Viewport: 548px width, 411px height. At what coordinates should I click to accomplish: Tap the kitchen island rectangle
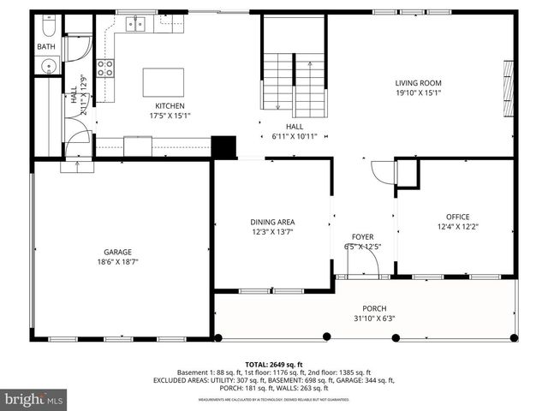(x=163, y=82)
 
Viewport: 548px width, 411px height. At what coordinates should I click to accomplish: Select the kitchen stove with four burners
(x=105, y=68)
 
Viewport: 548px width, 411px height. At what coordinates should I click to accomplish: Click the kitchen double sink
(x=136, y=24)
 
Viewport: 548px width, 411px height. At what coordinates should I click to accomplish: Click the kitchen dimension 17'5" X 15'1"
(x=170, y=116)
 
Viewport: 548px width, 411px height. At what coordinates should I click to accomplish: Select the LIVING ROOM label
(x=418, y=83)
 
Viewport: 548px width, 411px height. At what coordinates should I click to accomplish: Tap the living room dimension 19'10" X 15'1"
(x=418, y=93)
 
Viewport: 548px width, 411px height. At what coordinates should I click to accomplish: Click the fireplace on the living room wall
(x=509, y=86)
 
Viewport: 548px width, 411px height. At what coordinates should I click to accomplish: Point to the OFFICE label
(x=457, y=217)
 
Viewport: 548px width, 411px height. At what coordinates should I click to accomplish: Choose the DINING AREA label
(x=272, y=222)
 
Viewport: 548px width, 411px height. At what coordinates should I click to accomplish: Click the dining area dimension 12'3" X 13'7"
(x=272, y=232)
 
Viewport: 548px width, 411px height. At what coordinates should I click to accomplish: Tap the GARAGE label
(x=118, y=252)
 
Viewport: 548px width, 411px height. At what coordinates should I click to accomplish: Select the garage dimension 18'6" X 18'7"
(x=118, y=262)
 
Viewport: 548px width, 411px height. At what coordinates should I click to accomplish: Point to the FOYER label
(x=362, y=237)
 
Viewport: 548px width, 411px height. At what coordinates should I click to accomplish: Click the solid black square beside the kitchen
(x=224, y=146)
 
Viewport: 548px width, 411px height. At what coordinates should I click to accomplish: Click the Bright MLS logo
(x=34, y=399)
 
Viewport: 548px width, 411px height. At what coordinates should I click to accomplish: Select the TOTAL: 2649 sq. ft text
(x=274, y=364)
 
